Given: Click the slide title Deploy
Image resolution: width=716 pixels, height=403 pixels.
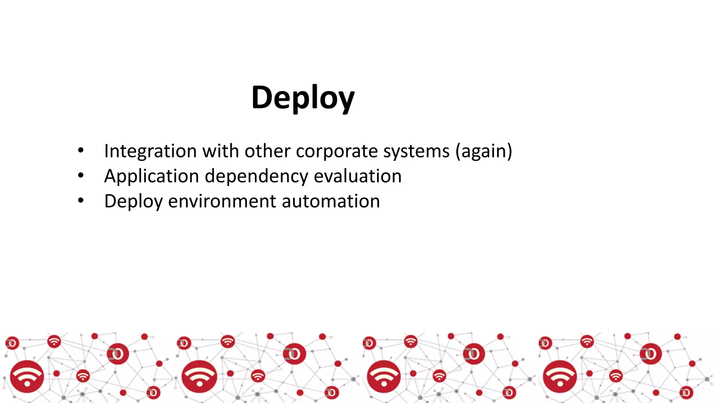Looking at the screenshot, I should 303,98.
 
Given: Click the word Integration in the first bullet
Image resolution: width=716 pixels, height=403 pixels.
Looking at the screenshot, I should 150,151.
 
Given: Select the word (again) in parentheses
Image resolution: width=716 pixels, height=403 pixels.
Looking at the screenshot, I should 484,151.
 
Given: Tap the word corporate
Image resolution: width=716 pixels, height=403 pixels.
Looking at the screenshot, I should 337,151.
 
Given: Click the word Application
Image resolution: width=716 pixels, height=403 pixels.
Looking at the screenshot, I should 151,176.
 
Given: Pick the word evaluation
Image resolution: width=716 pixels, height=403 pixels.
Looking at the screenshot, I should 357,176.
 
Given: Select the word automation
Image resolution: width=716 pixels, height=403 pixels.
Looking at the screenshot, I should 331,201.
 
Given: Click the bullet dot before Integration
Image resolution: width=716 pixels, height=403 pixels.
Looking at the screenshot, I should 81,151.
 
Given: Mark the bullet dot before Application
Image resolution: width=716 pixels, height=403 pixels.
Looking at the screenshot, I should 81,176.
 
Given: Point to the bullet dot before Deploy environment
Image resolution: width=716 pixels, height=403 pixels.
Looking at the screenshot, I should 81,201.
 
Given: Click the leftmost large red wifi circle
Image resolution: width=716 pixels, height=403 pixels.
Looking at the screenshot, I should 27,376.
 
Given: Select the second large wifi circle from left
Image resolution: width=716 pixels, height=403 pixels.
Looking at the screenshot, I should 199,376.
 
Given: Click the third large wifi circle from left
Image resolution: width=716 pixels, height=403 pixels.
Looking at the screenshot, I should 384,377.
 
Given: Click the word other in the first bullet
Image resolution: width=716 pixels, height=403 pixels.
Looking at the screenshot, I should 267,151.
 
